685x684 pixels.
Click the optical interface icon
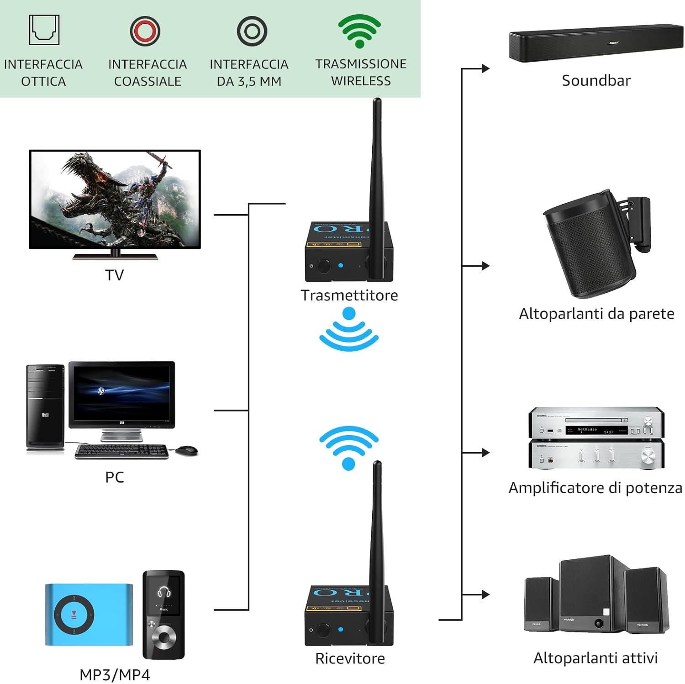point(44,30)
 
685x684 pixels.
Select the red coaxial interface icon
point(145,31)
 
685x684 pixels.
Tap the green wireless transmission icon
point(359,31)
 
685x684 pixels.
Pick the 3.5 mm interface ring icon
point(252,31)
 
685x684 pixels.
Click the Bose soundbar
point(595,43)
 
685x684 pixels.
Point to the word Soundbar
point(595,80)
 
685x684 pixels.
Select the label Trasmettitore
point(349,295)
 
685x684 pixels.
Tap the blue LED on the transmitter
point(341,265)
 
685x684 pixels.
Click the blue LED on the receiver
point(341,629)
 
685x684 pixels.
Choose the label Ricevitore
point(350,658)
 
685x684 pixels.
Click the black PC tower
point(45,405)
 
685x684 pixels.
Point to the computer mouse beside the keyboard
point(187,450)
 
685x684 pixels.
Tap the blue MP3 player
point(89,614)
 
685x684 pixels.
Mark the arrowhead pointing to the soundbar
point(485,68)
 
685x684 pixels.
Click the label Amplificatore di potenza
point(595,488)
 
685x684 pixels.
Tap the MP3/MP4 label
point(115,674)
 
